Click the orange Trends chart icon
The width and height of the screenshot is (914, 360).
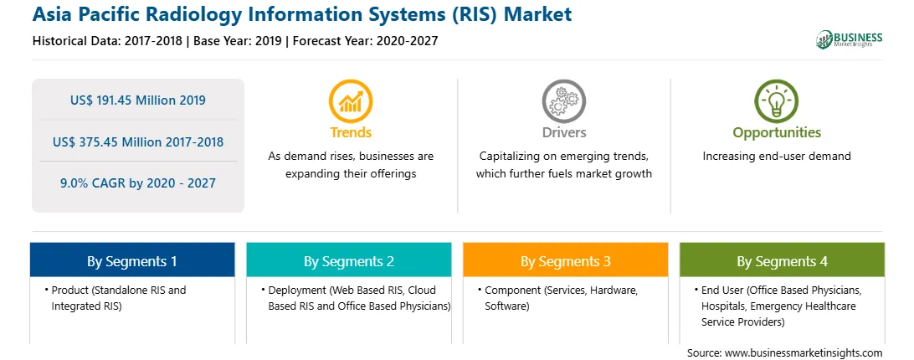351,101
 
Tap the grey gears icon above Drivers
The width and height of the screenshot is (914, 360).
563,101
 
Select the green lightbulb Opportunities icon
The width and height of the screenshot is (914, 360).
777,101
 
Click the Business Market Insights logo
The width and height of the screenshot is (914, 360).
850,39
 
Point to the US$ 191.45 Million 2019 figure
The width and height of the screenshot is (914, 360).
137,100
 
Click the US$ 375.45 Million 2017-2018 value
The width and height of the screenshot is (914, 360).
137,141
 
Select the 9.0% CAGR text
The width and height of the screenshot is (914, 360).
137,183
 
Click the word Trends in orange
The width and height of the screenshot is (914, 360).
351,132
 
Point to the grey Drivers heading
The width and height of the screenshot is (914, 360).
564,132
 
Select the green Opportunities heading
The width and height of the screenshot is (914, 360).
777,132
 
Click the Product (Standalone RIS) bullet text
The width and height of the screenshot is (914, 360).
116,298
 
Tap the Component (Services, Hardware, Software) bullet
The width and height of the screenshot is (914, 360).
558,298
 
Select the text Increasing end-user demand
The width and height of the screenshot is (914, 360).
777,157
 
